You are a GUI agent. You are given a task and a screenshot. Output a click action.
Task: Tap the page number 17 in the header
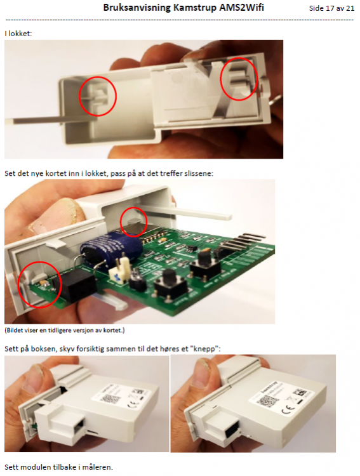pos(330,8)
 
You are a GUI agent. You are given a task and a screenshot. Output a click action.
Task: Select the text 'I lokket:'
pos(18,34)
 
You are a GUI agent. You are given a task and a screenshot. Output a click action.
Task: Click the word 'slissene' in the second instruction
pos(199,173)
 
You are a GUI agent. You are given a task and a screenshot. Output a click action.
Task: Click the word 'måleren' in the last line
pos(97,467)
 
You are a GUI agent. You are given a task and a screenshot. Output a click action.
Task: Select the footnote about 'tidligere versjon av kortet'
pos(64,330)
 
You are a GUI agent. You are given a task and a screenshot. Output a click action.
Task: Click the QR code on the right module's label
pos(267,402)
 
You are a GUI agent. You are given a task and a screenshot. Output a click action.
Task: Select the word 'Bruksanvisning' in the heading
pos(137,8)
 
